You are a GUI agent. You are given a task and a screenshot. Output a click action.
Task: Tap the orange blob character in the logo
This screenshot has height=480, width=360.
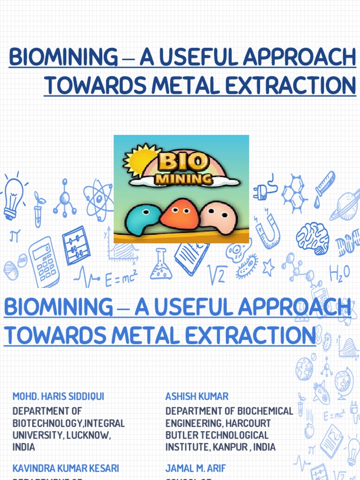(x=180, y=214)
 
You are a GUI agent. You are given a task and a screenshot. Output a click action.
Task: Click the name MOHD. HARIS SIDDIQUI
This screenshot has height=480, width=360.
(x=59, y=397)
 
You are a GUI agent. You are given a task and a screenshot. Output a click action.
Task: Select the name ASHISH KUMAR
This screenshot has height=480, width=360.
(x=197, y=397)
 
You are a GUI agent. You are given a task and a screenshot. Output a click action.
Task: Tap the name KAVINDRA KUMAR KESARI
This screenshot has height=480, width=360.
(x=66, y=468)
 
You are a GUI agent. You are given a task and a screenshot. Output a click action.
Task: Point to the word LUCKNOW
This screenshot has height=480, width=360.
(x=88, y=435)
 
